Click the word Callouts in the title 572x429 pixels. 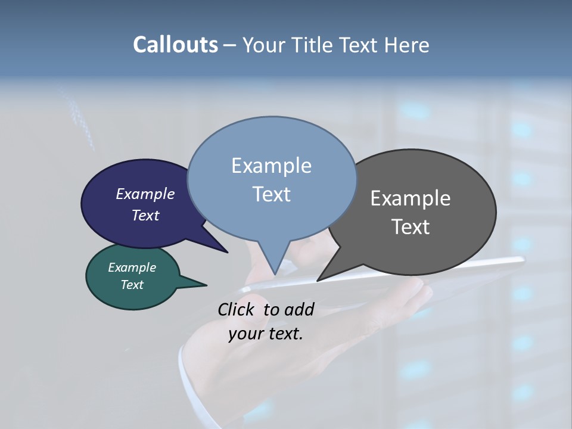(x=175, y=45)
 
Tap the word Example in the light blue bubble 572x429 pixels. (x=271, y=166)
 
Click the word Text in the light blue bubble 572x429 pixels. (x=271, y=194)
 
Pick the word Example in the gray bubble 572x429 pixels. (x=411, y=198)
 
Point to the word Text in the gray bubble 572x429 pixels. (x=411, y=227)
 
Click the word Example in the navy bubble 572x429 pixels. (x=145, y=194)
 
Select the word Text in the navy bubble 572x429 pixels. (x=145, y=215)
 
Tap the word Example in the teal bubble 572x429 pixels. (x=132, y=268)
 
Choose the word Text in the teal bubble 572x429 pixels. (x=132, y=285)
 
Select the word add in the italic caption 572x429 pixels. (x=299, y=309)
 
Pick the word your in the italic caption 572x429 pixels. (x=243, y=334)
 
